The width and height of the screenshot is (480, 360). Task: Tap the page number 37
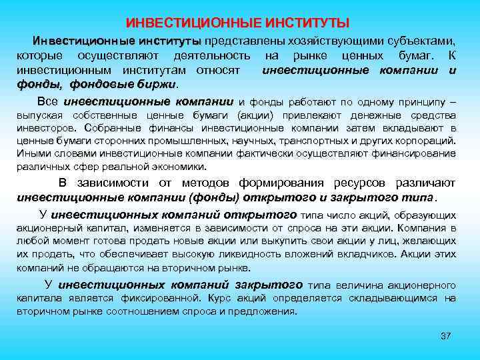tap(446, 335)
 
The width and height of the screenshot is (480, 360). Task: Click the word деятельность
tap(211, 56)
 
